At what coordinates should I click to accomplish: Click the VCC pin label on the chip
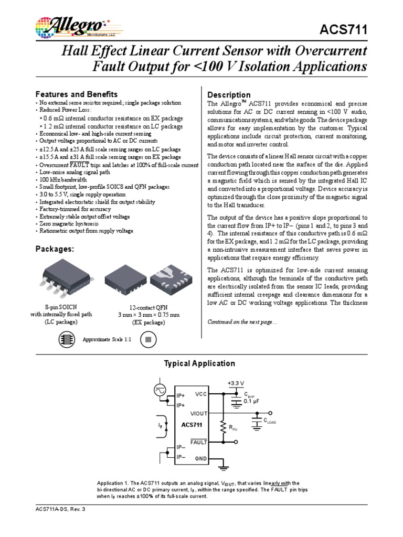pos(201,393)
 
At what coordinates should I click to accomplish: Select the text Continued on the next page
pos(240,321)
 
